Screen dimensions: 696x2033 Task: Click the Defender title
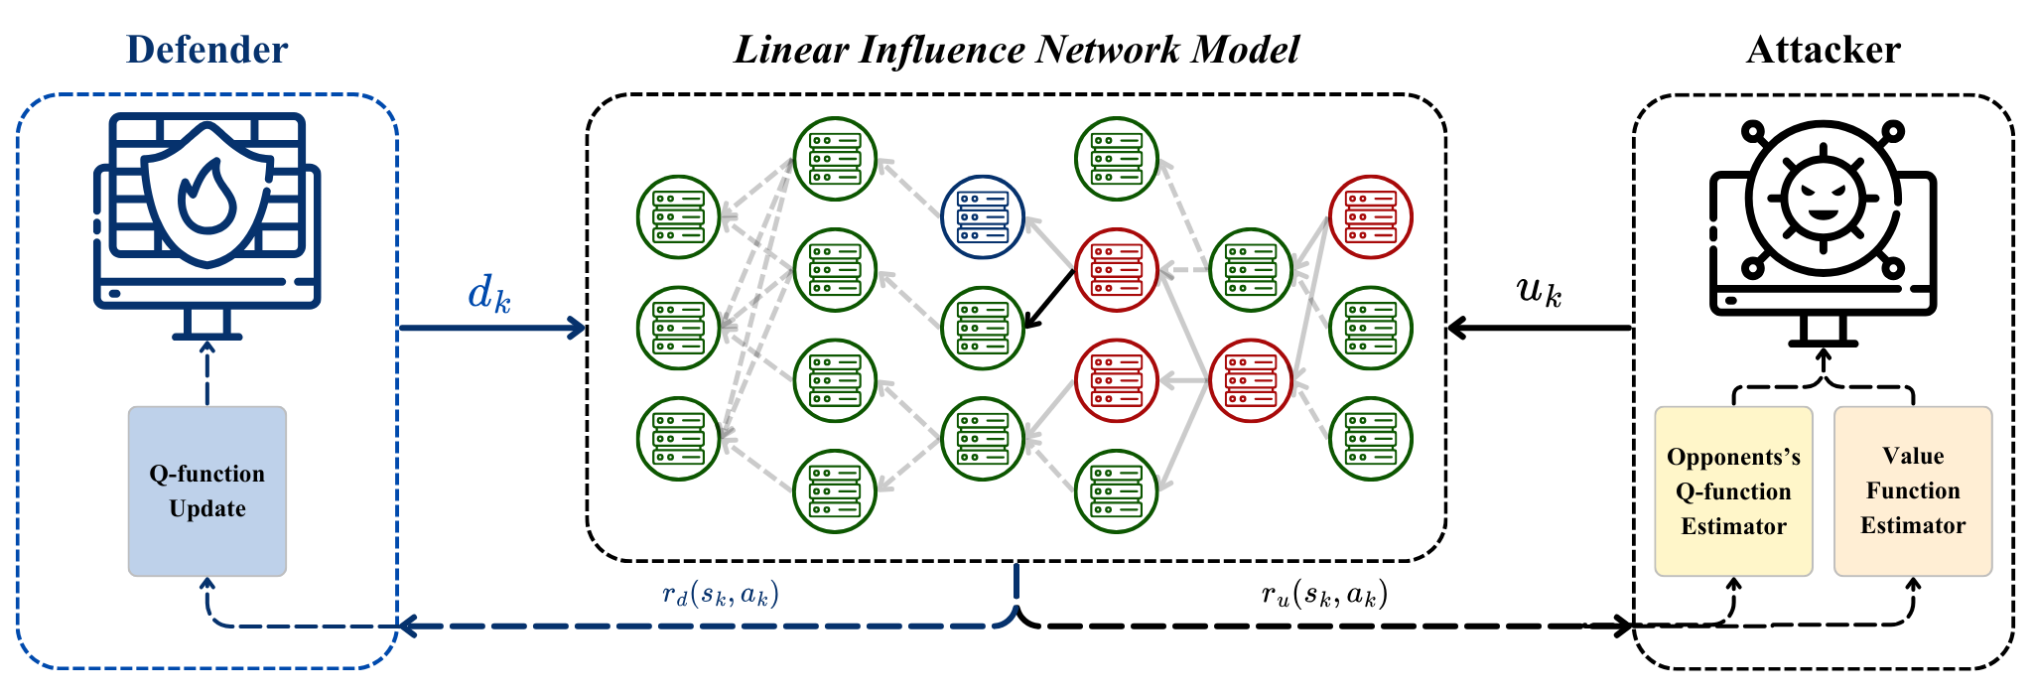206,50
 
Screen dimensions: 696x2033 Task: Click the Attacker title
1823,50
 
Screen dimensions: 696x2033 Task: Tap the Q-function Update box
206,490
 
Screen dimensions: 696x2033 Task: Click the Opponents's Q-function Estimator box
1733,490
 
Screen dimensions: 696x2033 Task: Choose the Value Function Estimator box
1912,490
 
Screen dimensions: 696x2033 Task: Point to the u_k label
1539,290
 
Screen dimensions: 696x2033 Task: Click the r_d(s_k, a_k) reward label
721,594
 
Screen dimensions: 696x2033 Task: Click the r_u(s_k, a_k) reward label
1324,594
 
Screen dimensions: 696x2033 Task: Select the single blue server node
982,216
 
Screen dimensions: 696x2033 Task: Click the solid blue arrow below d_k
491,327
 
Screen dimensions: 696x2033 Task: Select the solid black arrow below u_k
1539,327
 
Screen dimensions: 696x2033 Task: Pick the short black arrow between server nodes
1049,298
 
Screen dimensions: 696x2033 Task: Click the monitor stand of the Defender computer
206,323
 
